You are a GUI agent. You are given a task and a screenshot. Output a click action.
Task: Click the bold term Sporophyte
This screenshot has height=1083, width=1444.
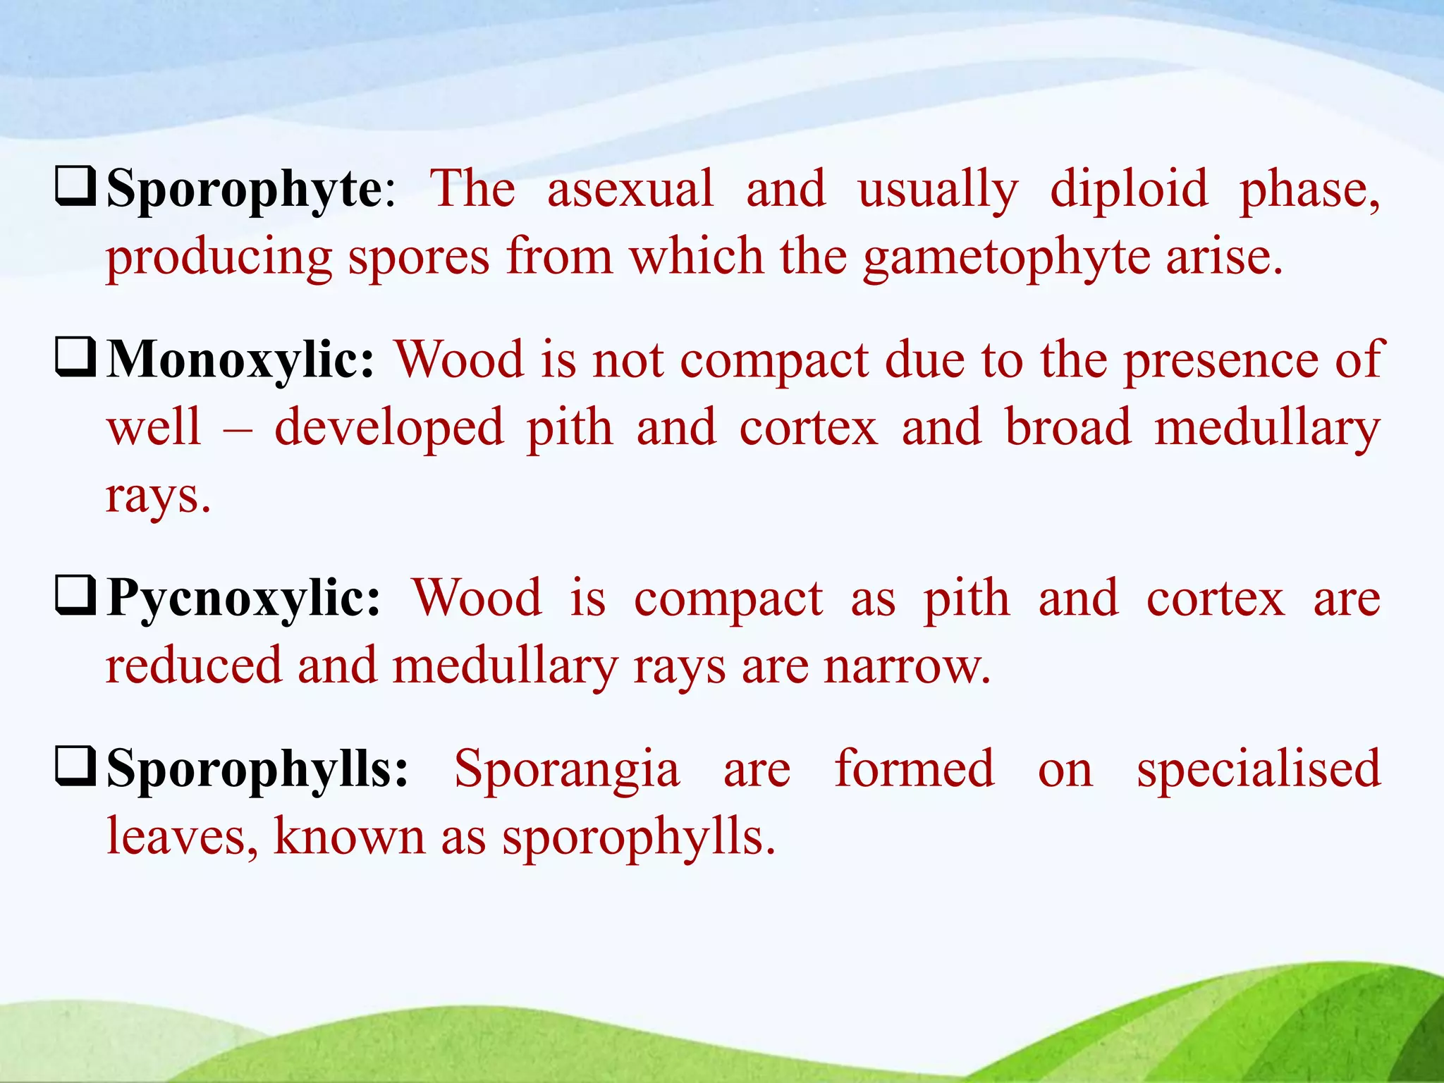tap(244, 190)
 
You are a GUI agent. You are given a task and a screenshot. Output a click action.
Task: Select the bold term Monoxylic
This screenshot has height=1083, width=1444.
tap(240, 360)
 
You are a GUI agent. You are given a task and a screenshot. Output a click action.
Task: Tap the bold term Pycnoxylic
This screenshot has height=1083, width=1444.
tap(243, 599)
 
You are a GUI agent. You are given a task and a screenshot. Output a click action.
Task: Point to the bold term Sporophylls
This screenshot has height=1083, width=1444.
tap(257, 769)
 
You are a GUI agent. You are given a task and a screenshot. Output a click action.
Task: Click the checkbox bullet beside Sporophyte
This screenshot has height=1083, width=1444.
tap(75, 186)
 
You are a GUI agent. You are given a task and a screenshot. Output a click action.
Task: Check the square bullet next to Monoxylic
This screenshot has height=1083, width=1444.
tap(75, 357)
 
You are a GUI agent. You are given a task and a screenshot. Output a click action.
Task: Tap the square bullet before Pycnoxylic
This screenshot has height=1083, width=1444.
tap(75, 595)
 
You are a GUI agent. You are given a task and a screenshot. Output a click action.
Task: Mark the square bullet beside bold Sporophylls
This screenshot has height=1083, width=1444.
tap(75, 766)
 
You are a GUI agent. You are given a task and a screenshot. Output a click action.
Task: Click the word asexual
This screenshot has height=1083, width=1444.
tap(630, 190)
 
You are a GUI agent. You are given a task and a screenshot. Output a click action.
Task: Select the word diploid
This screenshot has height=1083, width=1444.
tap(1129, 190)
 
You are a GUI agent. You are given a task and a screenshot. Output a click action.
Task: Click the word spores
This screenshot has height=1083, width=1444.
tap(419, 257)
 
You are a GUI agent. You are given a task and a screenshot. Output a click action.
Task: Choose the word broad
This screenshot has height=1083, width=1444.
tap(1068, 428)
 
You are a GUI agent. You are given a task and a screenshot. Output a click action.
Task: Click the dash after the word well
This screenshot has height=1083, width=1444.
tap(238, 428)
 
